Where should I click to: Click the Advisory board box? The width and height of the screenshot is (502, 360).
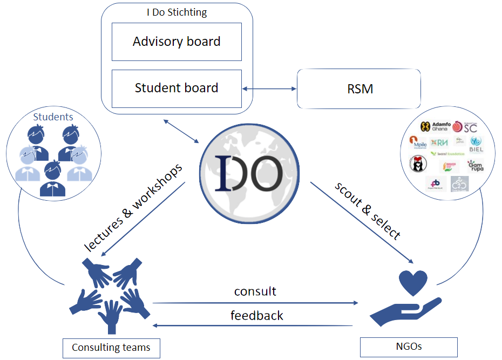177,42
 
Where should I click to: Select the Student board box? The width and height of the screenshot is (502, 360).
177,88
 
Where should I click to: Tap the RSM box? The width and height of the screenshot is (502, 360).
359,89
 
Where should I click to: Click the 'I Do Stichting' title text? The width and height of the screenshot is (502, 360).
177,12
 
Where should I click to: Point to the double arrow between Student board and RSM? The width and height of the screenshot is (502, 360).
270,89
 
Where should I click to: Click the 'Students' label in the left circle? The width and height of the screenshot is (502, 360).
53,117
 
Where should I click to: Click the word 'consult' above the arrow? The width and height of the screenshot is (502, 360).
255,291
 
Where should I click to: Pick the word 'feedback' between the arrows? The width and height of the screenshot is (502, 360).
257,315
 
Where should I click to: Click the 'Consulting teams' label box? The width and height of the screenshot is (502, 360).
111,347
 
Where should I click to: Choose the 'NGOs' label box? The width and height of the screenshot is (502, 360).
408,347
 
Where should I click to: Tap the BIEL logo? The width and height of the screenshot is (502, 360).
476,144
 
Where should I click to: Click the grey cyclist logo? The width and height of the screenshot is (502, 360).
459,184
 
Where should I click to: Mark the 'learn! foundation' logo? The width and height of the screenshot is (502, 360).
447,154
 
